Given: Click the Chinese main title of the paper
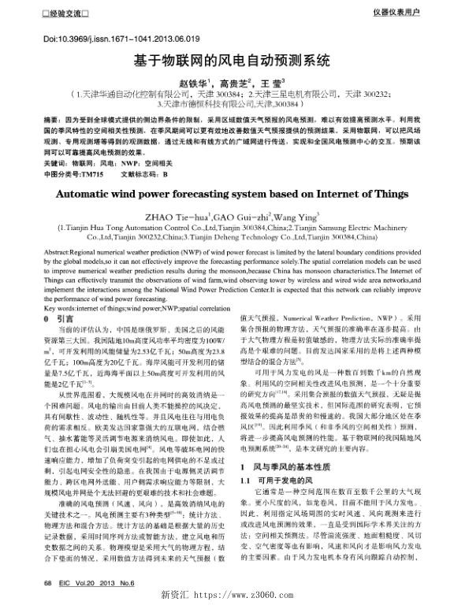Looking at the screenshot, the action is (x=227, y=61).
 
